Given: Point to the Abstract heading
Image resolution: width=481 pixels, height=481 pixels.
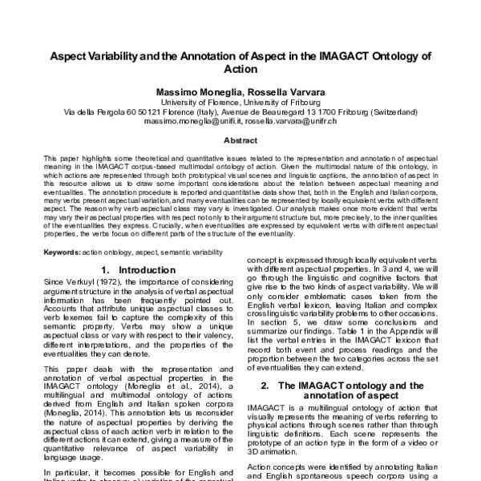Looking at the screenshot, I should [240, 139].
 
